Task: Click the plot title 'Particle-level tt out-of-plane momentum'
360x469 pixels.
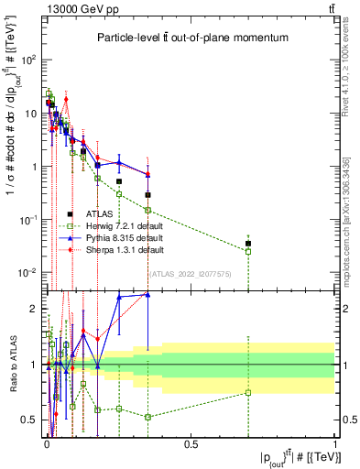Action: click(191, 38)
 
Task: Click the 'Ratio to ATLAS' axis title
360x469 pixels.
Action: click(11, 364)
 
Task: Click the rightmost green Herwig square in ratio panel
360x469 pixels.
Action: click(248, 393)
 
